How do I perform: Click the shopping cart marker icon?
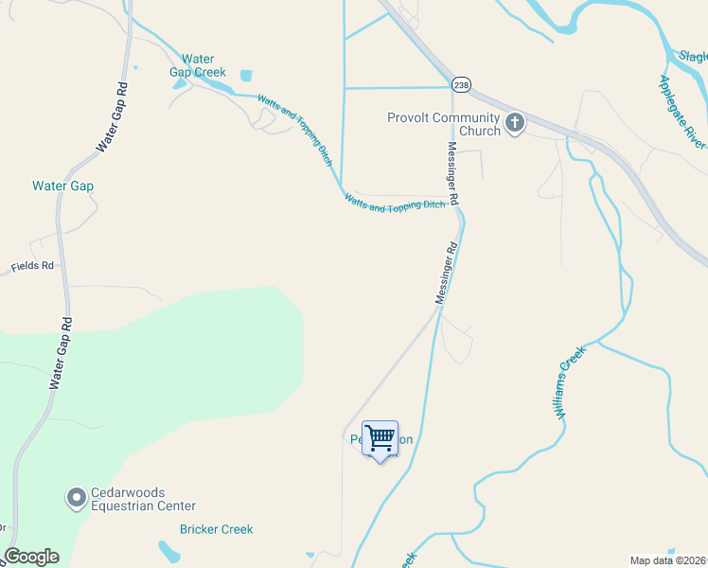pos(380,439)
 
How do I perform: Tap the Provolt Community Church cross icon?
pos(515,123)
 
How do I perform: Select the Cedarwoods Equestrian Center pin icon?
pos(76,498)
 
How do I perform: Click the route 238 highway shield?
pos(460,83)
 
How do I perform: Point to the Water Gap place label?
pos(62,186)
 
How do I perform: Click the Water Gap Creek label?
pos(197,65)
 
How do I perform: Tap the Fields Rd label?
pos(32,267)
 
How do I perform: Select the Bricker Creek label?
pos(216,529)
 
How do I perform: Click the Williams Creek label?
pos(571,382)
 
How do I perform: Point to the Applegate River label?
pos(681,111)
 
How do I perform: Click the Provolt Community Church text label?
pos(443,124)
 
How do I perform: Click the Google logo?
pos(31,557)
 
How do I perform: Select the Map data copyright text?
pos(667,559)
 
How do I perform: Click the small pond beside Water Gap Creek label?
pos(247,75)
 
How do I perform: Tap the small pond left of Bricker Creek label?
pos(168,550)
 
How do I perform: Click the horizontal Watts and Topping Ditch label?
pos(395,203)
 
